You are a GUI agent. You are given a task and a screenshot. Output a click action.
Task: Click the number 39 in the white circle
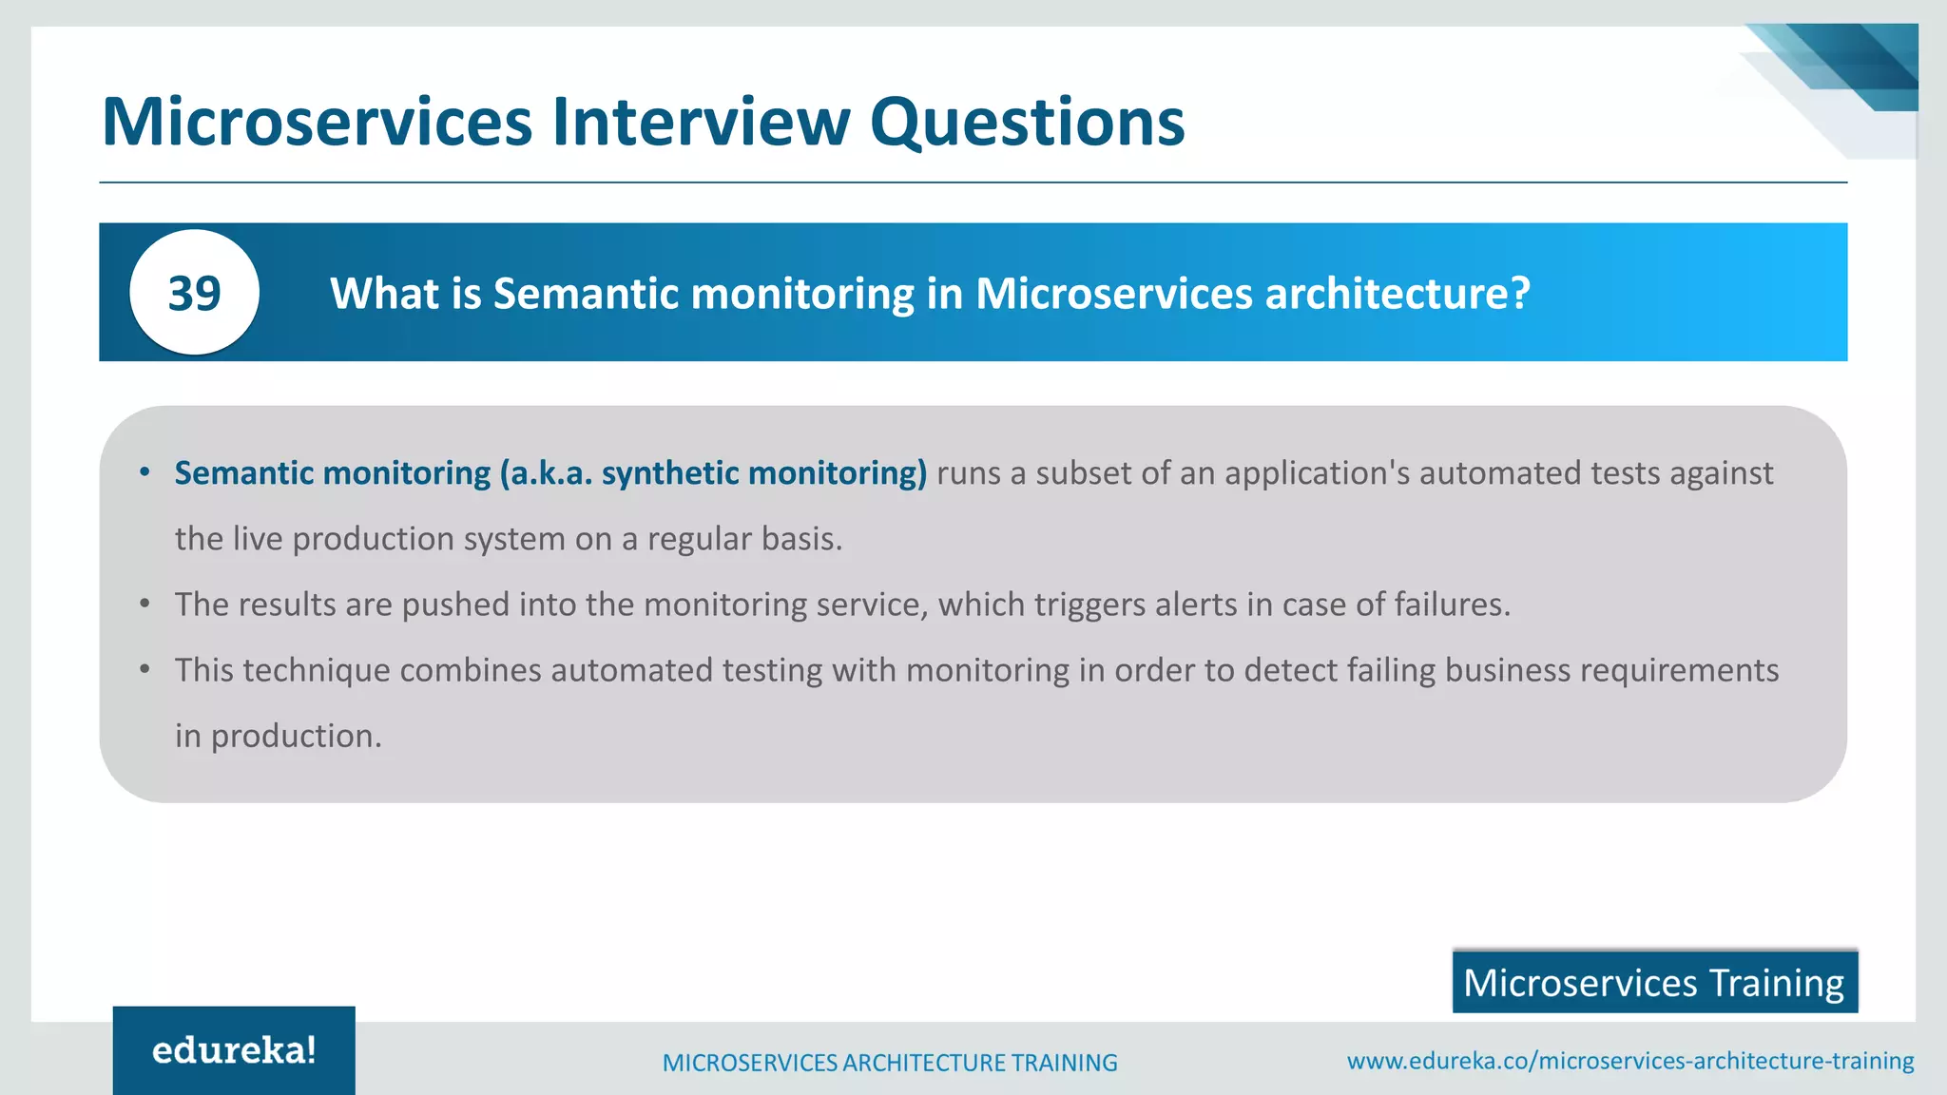coord(194,293)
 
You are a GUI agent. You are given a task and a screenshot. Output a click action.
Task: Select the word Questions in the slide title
coord(1027,125)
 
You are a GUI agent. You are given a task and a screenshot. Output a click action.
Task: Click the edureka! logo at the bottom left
coord(234,1050)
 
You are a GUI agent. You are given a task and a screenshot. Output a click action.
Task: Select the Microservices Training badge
coord(1654,982)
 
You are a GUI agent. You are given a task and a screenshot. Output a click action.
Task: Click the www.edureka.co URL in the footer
coord(1630,1060)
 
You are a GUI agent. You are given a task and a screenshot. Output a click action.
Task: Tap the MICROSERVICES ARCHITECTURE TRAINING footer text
coord(890,1063)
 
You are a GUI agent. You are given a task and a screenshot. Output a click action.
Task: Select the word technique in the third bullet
coord(317,670)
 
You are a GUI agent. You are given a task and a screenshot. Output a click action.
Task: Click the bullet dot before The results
coord(145,605)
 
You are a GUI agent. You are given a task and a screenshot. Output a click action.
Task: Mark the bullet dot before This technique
coord(145,670)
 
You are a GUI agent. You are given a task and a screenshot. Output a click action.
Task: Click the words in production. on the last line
coord(278,736)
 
